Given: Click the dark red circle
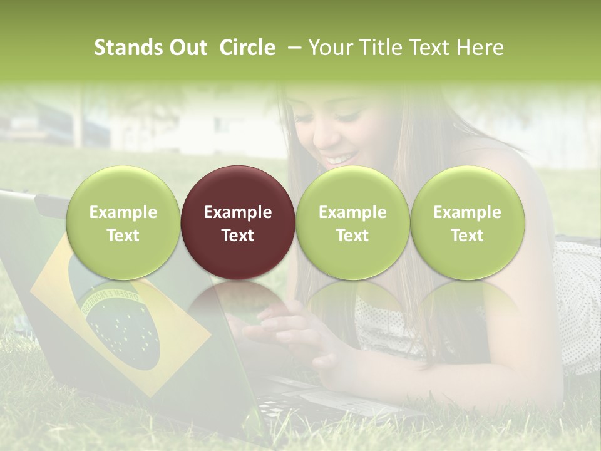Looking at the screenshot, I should click(238, 223).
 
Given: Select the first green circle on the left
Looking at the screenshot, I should click(123, 223).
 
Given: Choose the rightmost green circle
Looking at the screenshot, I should click(467, 223).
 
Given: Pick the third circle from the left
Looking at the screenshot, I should click(352, 223).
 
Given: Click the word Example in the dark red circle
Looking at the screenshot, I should click(238, 212).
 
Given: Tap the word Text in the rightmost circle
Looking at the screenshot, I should click(467, 236).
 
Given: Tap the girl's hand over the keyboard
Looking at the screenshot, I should click(294, 332).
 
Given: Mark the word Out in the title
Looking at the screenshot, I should click(188, 48).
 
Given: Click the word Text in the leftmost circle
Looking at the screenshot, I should click(123, 236).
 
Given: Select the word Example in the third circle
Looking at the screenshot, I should click(352, 212).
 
